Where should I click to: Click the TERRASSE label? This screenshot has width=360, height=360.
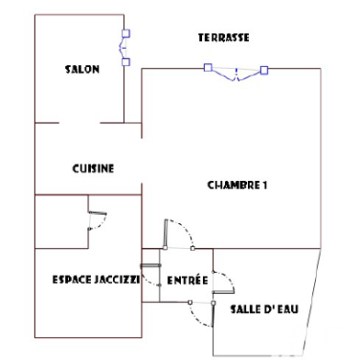pos(224,38)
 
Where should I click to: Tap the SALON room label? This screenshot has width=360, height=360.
pos(83,69)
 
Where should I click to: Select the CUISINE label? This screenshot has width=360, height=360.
pos(93,168)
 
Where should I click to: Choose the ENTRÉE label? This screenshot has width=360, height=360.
pos(186,280)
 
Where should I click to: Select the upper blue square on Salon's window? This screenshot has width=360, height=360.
pos(126,33)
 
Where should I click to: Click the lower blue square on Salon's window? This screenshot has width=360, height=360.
pos(126,62)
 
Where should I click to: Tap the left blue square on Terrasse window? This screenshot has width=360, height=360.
pos(208,67)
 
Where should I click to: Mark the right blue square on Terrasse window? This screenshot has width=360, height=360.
pos(264,70)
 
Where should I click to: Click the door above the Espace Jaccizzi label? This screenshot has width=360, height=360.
pos(96,220)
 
